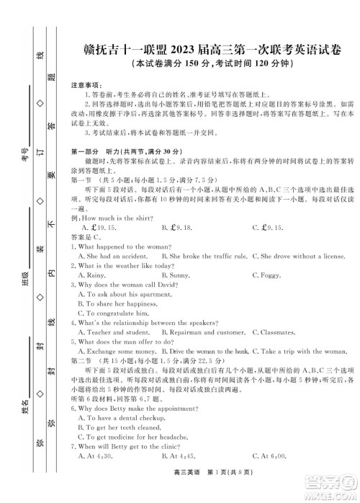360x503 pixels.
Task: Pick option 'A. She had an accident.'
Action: [x=115, y=256]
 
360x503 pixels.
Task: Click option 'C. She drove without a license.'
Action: [x=302, y=256]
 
